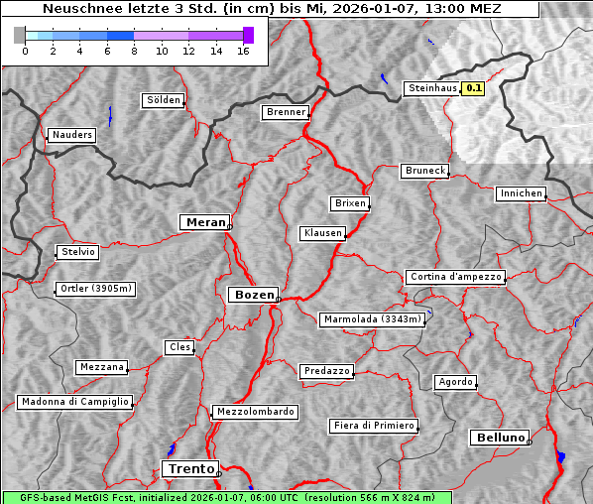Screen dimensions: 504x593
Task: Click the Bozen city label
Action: click(252, 295)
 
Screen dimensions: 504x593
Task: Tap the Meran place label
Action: click(205, 222)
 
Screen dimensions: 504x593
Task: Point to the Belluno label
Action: click(499, 437)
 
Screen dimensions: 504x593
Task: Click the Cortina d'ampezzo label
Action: click(455, 277)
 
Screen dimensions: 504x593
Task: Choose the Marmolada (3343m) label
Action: click(373, 319)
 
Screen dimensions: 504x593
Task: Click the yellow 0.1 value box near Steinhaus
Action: click(474, 88)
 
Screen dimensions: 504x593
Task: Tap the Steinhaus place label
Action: click(432, 88)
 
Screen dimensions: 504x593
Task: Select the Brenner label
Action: click(286, 112)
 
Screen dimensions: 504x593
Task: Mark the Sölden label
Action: click(164, 100)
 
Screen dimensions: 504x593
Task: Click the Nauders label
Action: click(70, 135)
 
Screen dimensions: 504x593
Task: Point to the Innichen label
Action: click(521, 193)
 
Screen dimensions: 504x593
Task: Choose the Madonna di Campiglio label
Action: click(74, 402)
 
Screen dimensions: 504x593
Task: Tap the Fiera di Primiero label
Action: click(373, 426)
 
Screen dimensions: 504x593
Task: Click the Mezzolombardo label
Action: click(254, 412)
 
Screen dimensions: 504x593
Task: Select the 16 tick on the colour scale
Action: click(242, 51)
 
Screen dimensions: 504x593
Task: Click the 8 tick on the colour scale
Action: click(133, 51)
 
